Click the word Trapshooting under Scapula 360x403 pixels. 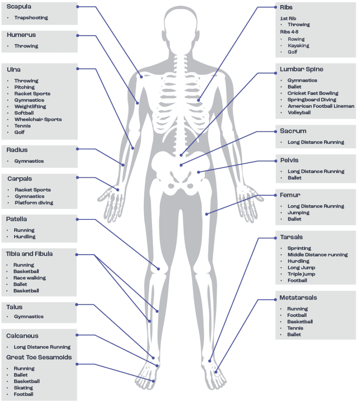(31, 18)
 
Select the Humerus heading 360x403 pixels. (21, 35)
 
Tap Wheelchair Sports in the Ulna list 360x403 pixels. (38, 120)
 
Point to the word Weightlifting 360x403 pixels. (30, 107)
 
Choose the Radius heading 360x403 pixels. (17, 150)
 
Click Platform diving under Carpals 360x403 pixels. (34, 203)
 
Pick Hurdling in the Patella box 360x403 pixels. (25, 237)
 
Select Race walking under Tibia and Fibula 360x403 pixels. (29, 278)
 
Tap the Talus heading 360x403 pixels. (14, 307)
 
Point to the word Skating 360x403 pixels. (23, 388)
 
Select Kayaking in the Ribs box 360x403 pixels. (298, 46)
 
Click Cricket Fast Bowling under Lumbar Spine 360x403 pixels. (313, 93)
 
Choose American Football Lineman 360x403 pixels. (321, 106)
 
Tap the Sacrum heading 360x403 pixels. (293, 131)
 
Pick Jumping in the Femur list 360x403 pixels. (298, 213)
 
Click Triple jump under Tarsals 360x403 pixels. (301, 274)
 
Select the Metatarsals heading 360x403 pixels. (298, 298)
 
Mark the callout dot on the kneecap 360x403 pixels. (159, 269)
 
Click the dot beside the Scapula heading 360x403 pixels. (77, 7)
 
